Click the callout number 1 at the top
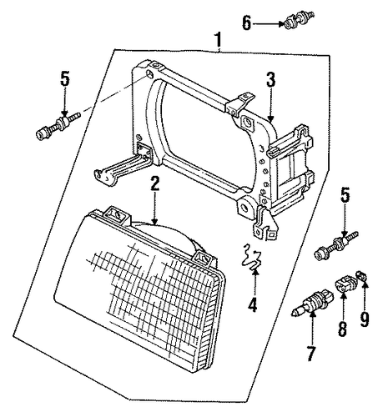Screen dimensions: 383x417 point(218,40)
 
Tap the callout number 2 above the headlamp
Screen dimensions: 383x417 point(155,183)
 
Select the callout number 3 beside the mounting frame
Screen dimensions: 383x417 point(270,79)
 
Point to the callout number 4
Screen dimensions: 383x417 point(253,305)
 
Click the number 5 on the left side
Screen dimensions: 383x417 point(65,78)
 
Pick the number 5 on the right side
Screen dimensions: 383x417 point(345,196)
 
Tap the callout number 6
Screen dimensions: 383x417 point(246,23)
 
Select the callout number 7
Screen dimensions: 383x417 point(311,354)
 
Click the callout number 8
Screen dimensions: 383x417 point(342,329)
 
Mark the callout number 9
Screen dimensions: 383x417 point(364,319)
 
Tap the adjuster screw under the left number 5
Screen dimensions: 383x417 point(58,126)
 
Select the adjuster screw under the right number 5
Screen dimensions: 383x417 point(335,245)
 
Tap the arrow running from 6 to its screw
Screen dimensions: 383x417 point(269,23)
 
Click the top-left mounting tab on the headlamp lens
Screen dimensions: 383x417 point(117,214)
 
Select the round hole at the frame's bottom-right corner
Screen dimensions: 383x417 point(245,207)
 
